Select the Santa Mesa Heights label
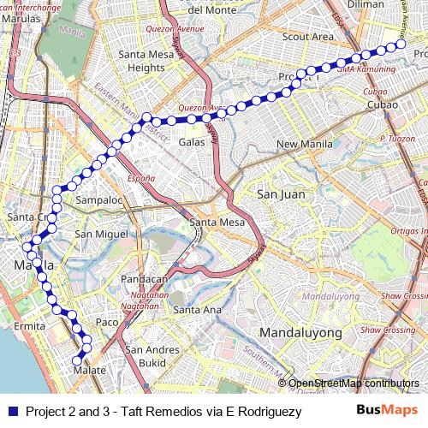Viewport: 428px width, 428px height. pos(152,62)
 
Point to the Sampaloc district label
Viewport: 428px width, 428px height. pos(100,200)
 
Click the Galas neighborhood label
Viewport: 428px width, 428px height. pos(192,142)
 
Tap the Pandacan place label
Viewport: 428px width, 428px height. pos(145,279)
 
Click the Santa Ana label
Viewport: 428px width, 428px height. pos(198,309)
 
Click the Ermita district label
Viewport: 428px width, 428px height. pos(28,327)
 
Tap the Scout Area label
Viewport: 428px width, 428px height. pos(309,37)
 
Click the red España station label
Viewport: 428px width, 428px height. pos(141,178)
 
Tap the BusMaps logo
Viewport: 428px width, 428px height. pos(382,411)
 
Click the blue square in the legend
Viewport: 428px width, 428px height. pos(12,411)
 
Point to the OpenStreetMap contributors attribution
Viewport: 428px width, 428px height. pos(354,383)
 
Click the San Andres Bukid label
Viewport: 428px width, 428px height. pos(146,356)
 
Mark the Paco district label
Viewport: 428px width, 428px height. pos(106,322)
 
